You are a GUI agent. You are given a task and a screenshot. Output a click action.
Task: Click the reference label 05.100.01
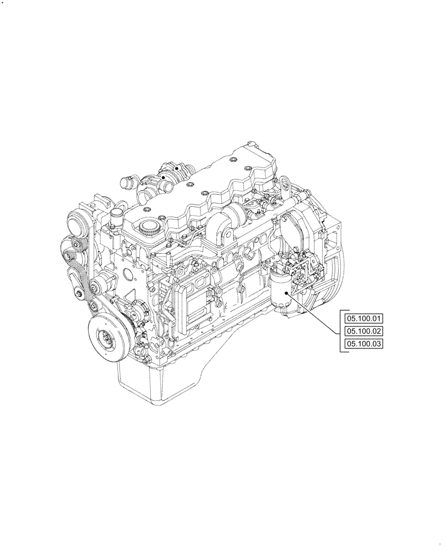(363, 318)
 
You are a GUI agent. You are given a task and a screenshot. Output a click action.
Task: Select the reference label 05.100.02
(363, 331)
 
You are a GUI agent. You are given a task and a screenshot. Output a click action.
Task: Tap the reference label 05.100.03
(363, 344)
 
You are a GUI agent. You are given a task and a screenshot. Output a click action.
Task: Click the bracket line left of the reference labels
(341, 331)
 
